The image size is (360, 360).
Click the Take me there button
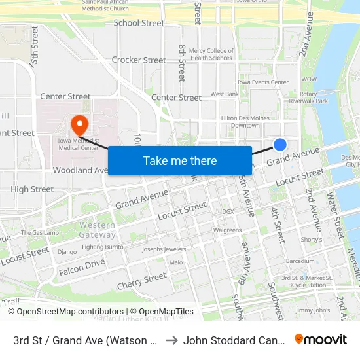coord(180,160)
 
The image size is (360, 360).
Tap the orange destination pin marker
coord(79,123)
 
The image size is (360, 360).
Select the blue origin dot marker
coord(280,145)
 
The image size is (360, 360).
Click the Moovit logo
coord(321,340)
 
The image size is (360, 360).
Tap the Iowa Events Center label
coord(263,82)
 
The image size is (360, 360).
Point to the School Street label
coord(139,23)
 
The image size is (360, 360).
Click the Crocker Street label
coord(139,60)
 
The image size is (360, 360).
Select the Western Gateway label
coord(98,230)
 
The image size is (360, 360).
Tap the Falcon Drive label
coord(82,267)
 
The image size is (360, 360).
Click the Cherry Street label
coord(142,281)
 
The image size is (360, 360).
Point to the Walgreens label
coord(227,230)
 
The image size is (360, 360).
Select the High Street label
coord(32,189)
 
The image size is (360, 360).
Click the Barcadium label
coord(300,261)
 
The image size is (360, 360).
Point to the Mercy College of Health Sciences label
coord(211,54)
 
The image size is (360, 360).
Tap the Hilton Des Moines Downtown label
coord(240,121)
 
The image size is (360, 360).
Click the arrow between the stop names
coord(171,340)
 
